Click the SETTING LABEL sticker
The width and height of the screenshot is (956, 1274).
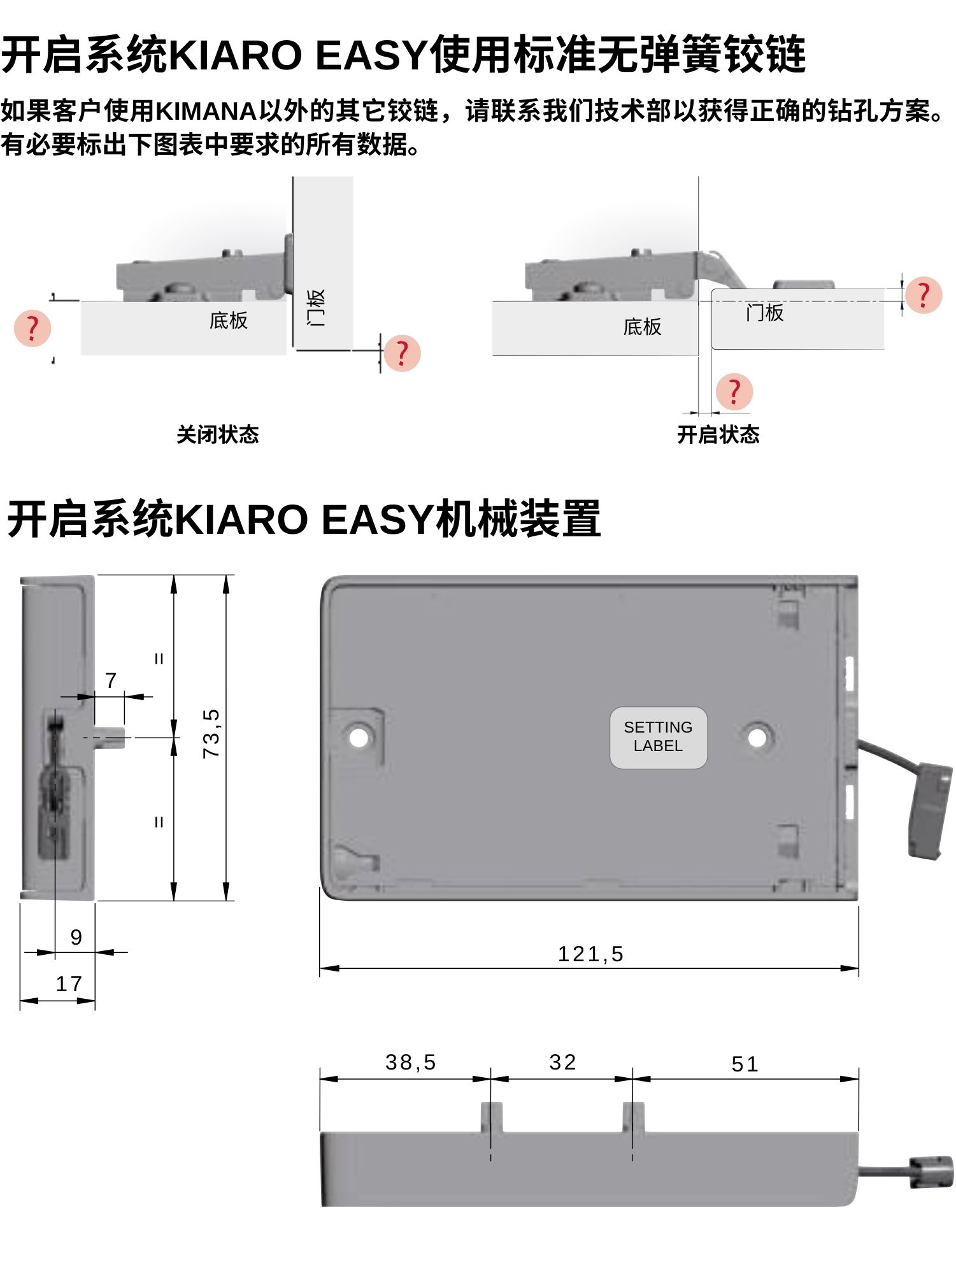tap(658, 737)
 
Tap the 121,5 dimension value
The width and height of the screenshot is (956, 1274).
tap(590, 954)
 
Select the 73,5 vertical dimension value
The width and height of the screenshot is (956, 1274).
tap(211, 733)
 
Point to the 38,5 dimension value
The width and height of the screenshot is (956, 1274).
tap(411, 1063)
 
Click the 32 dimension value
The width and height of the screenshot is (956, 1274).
tap(563, 1063)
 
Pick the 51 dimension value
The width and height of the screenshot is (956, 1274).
tap(745, 1064)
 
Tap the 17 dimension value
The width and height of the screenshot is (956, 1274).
tap(69, 984)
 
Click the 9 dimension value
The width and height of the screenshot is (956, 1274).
tap(76, 937)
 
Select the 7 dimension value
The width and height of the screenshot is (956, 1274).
tap(111, 680)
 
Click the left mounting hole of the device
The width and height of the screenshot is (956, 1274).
tap(359, 737)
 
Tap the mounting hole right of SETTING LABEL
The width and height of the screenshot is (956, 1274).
tap(757, 738)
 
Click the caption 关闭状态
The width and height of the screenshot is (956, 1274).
tap(218, 434)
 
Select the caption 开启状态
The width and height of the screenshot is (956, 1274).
tap(718, 434)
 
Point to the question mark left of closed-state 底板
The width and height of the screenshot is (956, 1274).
tap(32, 328)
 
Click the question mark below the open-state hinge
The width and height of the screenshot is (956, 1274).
tap(734, 391)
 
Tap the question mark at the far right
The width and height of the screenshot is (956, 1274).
tap(923, 294)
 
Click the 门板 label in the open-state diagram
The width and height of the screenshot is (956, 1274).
tap(765, 313)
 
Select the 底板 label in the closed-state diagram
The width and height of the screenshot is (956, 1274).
tap(228, 320)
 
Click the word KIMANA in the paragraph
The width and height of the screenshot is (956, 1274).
tap(206, 111)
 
